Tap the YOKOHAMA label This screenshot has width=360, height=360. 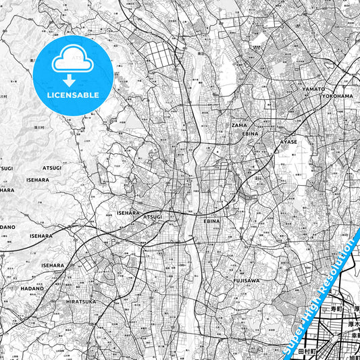[336, 96]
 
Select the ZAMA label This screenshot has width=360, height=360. [239, 125]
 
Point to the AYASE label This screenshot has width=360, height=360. [288, 143]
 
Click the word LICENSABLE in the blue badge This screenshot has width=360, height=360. [72, 95]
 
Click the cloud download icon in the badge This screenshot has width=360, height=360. [72, 63]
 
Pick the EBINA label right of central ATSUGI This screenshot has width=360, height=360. [212, 221]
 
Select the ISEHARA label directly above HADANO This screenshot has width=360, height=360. [53, 265]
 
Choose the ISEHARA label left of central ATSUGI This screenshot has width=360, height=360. [128, 213]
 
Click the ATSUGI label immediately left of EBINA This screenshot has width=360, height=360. [152, 217]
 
